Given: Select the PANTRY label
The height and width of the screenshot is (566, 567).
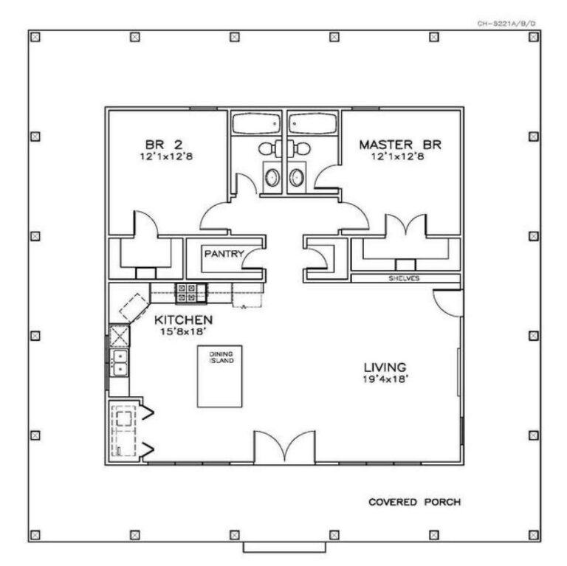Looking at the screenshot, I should pyautogui.click(x=224, y=254).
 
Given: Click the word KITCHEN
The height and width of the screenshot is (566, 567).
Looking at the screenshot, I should pyautogui.click(x=184, y=320).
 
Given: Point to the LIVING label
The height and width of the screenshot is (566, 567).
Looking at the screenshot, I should pyautogui.click(x=385, y=367).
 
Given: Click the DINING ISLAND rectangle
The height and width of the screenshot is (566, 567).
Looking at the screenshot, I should pyautogui.click(x=220, y=376).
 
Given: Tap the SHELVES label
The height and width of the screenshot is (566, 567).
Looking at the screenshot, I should pyautogui.click(x=404, y=279).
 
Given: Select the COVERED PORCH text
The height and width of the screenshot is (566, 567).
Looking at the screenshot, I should pyautogui.click(x=415, y=503).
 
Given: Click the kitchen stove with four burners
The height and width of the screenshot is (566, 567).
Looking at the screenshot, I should pyautogui.click(x=185, y=293).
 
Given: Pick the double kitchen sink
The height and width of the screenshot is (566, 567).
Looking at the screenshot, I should pyautogui.click(x=118, y=362).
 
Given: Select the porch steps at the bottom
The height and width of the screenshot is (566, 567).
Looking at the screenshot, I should pyautogui.click(x=284, y=548).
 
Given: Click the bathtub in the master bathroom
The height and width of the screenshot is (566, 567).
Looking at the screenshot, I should pyautogui.click(x=313, y=123).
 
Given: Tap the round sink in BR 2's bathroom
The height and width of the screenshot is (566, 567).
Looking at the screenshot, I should pyautogui.click(x=272, y=177).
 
